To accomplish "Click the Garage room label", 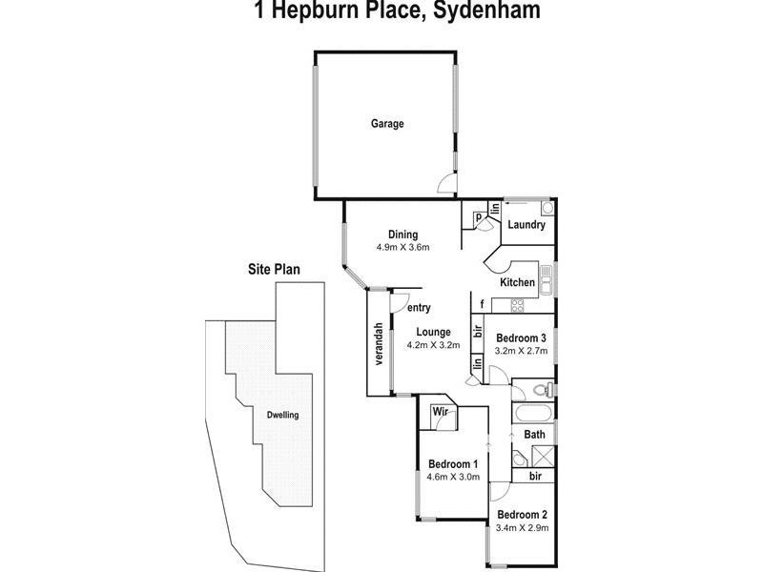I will tap(387, 124).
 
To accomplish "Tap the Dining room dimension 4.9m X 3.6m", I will tap(408, 248).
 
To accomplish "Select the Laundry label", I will tap(526, 225).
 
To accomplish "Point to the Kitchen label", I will tap(517, 282).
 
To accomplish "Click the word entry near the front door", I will tap(419, 307).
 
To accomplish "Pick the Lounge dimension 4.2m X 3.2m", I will tap(433, 345).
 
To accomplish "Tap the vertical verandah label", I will tap(378, 344).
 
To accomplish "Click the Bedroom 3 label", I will tap(521, 337).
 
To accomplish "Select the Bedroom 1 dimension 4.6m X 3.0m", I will tap(453, 478).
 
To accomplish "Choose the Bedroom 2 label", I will tap(521, 514).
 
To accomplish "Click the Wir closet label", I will tap(441, 412).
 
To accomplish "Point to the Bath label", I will tap(535, 435).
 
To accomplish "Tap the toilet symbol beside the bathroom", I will tap(540, 389).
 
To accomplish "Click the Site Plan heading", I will tap(274, 270).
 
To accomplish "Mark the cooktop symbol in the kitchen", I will tap(518, 305).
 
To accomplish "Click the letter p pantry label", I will tap(479, 217).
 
